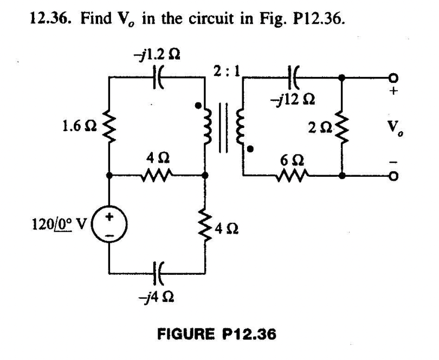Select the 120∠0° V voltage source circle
[109, 223]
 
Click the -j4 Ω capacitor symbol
[158, 269]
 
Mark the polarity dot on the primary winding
[199, 105]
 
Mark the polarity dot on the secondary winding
[251, 148]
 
